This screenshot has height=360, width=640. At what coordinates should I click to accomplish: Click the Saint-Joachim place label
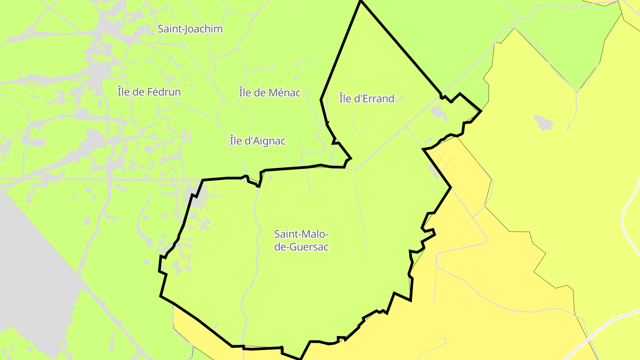coord(190,29)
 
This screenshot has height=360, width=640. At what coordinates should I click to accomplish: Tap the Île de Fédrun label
coord(149,92)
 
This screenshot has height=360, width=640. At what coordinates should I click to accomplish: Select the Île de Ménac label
coord(270,93)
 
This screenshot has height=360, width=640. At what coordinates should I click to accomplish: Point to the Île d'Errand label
coord(367,99)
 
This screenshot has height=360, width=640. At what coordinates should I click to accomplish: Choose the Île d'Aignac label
coord(257,141)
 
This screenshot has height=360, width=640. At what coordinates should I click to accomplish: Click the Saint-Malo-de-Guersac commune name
coord(301,240)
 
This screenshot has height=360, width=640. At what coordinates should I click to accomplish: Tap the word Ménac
coord(284,93)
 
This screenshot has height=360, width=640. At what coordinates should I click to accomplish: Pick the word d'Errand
coord(373,99)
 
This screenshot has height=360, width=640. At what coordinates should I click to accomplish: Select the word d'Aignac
coord(264,141)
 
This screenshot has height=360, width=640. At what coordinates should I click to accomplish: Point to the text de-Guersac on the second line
coord(301,247)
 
